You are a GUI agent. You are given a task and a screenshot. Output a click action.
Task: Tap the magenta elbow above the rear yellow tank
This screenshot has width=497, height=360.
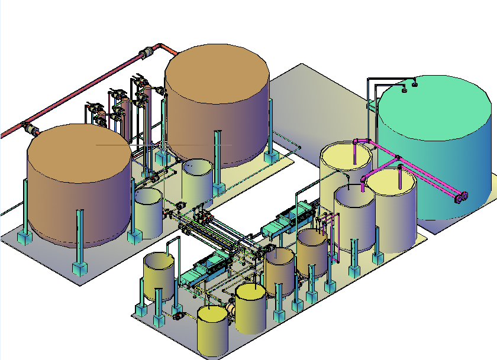[x=356, y=141]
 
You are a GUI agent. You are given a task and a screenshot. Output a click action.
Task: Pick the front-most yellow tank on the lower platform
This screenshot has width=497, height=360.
[x=212, y=331]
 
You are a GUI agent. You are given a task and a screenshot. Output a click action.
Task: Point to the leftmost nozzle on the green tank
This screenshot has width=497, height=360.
[x=405, y=90]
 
